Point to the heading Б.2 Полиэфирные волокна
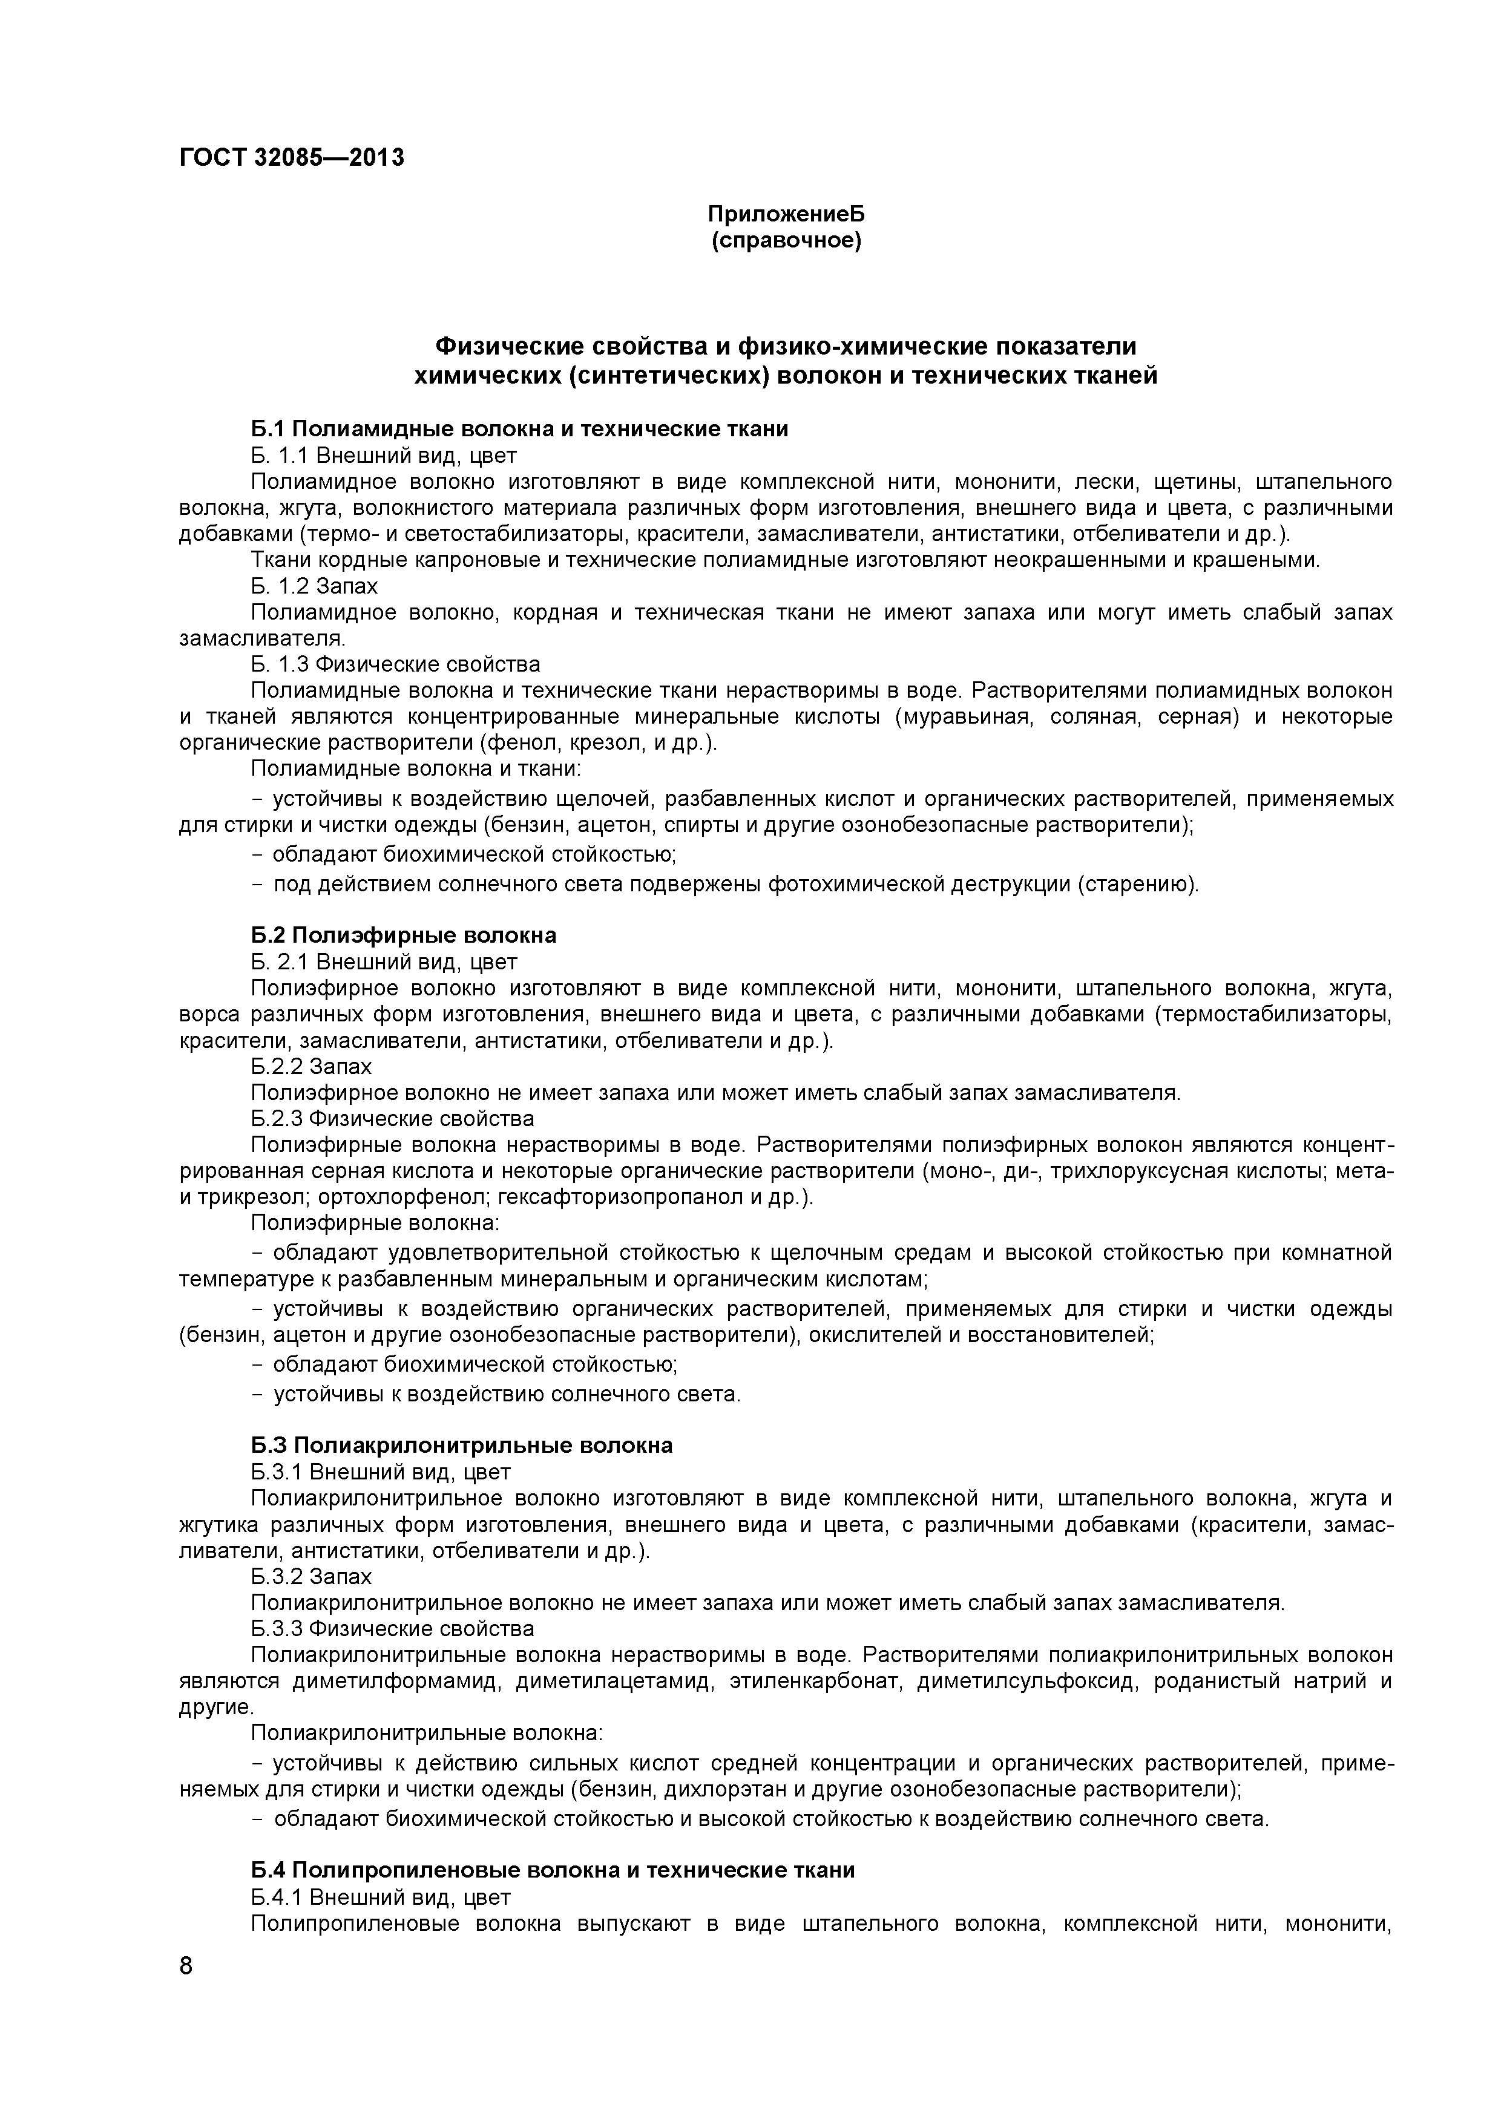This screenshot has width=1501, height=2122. coord(404,935)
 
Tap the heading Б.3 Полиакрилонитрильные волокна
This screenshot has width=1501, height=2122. coord(462,1446)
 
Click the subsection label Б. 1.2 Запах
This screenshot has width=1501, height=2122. coord(314,586)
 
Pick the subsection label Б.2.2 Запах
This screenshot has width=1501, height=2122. coord(312,1067)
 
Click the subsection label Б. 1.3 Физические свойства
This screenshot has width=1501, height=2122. coord(396,664)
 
